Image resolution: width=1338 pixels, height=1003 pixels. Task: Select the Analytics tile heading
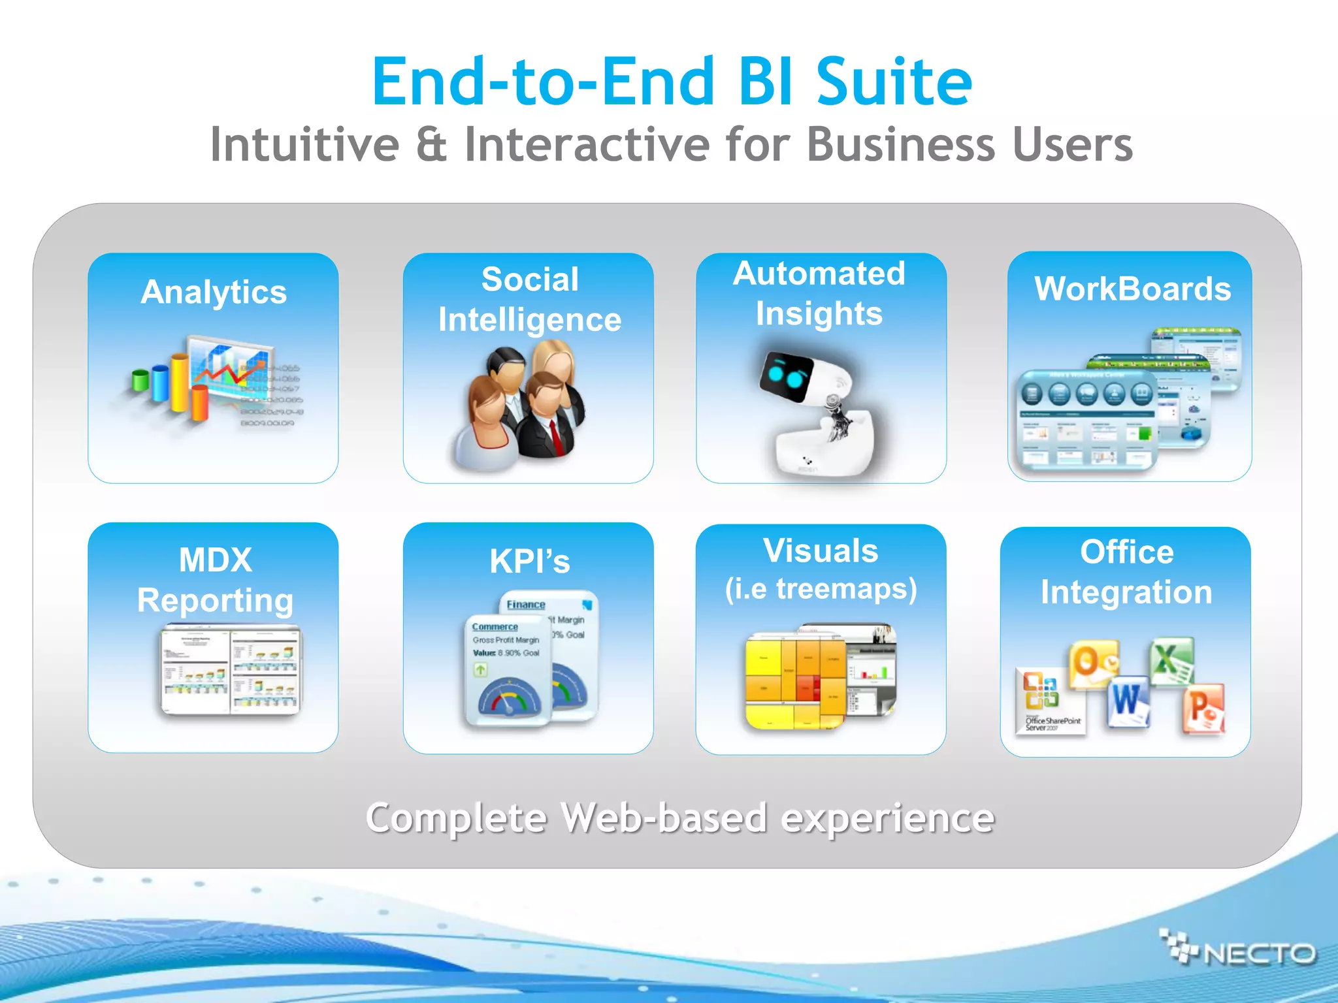pos(214,292)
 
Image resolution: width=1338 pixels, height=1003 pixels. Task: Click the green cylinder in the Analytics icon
pos(140,379)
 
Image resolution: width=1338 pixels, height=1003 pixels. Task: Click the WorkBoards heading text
pos(1132,289)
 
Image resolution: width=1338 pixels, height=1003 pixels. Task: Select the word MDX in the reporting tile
pos(215,560)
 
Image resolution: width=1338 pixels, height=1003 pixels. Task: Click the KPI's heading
pos(529,562)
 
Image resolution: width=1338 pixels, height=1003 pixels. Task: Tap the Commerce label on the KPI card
pos(495,627)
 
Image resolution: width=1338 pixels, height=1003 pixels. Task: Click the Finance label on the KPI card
pos(525,605)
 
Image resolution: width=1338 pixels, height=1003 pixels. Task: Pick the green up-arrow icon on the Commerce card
pos(481,669)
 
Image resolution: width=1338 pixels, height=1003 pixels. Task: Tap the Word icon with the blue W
pos(1128,702)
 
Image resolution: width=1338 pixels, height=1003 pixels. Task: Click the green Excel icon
pos(1172,661)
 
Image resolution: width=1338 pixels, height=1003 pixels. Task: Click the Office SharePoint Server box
pos(1051,702)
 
